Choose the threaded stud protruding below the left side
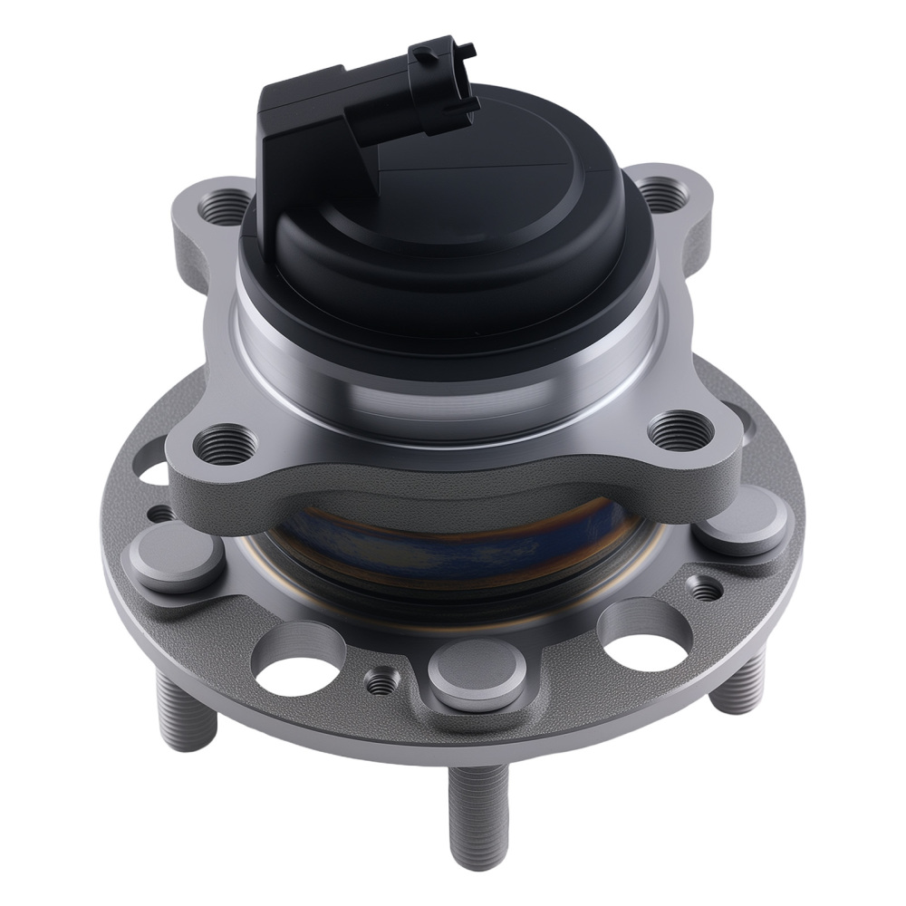click(x=187, y=716)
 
